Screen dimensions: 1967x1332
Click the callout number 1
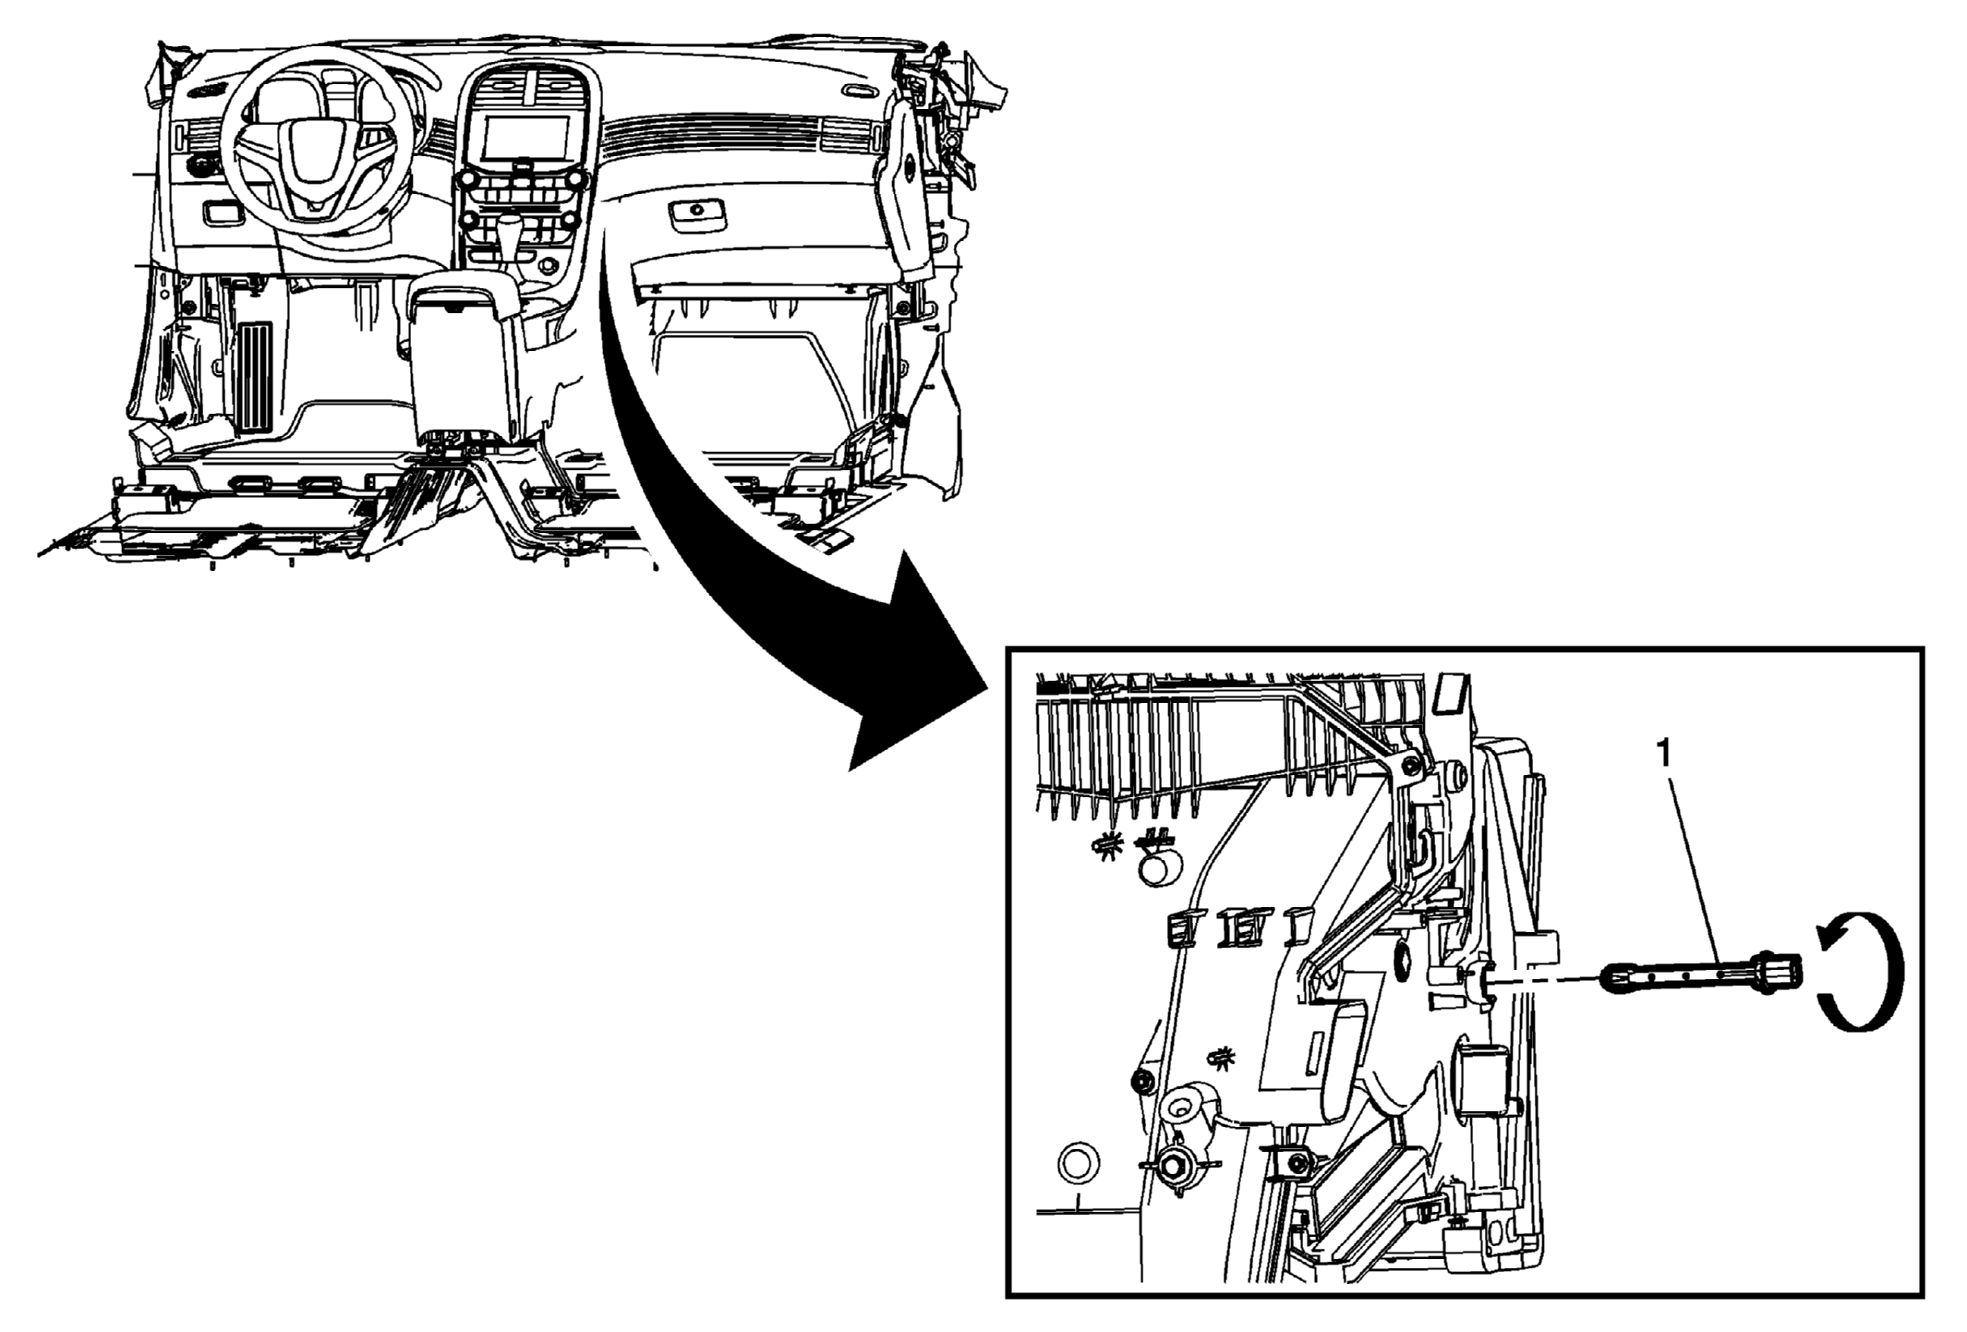1664,755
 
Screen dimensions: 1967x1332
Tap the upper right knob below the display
576,178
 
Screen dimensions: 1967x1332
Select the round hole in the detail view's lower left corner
1078,1162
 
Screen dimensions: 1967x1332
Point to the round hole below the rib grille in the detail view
1162,868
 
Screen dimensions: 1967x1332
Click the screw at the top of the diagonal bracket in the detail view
1410,764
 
